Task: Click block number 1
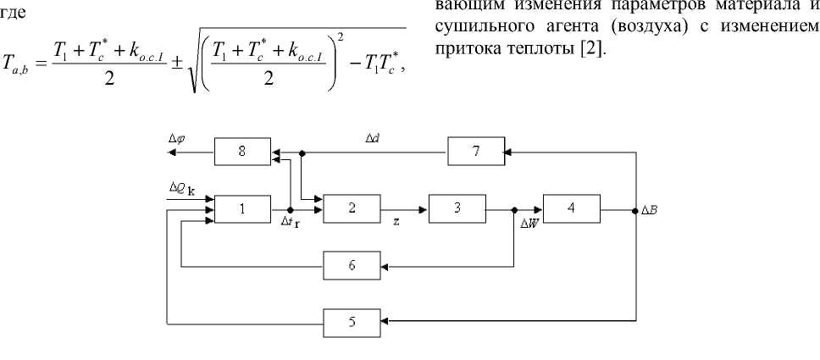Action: tap(243, 208)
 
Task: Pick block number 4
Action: tap(572, 208)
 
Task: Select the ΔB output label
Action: tap(651, 208)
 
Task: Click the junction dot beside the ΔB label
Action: tap(634, 208)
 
